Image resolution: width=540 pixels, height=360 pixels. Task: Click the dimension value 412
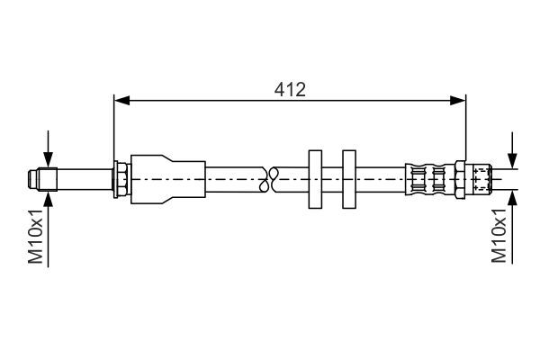pyautogui.click(x=290, y=89)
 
